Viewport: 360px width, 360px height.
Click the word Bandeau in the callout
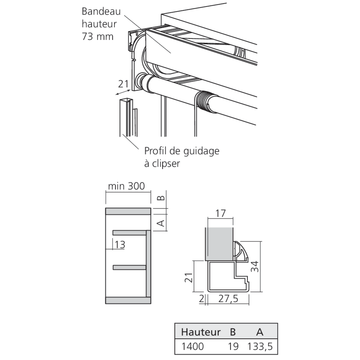tap(101, 11)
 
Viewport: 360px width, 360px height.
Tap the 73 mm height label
tap(98, 37)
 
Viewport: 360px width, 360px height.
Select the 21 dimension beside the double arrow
tap(123, 84)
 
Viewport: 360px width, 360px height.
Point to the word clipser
tap(166, 164)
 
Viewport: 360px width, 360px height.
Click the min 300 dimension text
tap(126, 186)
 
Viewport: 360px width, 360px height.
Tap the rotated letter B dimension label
tap(161, 198)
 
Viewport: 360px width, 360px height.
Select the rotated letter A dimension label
tap(161, 223)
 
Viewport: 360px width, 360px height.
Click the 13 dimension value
tap(120, 245)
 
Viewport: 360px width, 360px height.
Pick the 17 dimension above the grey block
tap(220, 213)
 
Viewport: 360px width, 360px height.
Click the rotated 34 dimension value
tap(255, 266)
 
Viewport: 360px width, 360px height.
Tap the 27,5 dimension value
tap(228, 299)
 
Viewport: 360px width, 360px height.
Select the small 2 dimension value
tap(202, 299)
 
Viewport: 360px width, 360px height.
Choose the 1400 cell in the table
tap(193, 347)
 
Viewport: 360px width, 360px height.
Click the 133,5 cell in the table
tap(260, 347)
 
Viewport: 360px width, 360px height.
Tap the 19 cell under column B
tap(233, 347)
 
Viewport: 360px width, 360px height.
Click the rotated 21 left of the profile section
tap(189, 278)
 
